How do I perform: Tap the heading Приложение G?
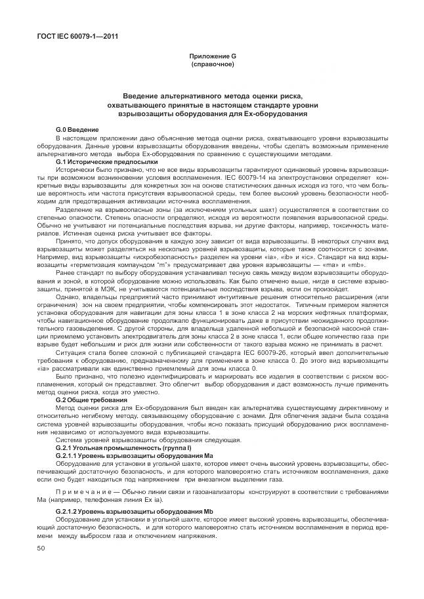click(212, 58)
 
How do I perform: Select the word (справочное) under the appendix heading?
click(212, 65)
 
